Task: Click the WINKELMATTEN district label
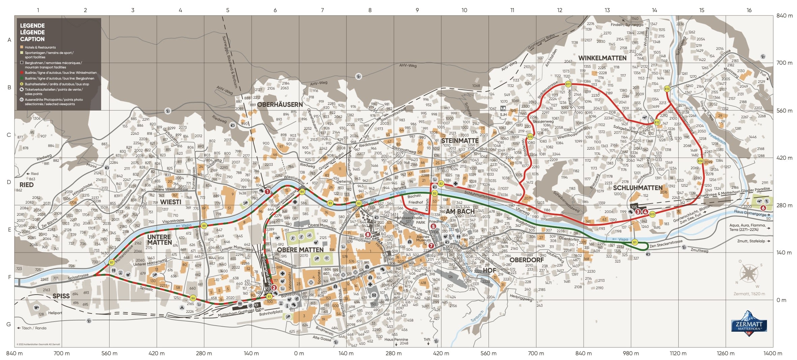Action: (x=602, y=58)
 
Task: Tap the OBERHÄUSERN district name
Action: (x=280, y=104)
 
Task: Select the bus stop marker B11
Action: (x=568, y=84)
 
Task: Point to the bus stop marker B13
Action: (x=667, y=89)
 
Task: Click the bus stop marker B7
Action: (x=112, y=262)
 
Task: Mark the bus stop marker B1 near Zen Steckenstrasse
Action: (x=634, y=242)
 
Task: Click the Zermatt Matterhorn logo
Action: (x=749, y=324)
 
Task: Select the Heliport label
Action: (x=55, y=313)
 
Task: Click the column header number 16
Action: (x=749, y=10)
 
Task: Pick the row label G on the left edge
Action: (x=9, y=324)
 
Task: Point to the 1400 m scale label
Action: (x=772, y=353)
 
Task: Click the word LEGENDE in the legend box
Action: (x=32, y=26)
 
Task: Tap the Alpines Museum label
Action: (x=423, y=238)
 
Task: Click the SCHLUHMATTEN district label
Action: (x=637, y=188)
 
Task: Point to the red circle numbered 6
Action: (x=763, y=208)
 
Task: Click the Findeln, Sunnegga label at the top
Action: (x=627, y=25)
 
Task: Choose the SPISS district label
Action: (x=61, y=296)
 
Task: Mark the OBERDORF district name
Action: (x=526, y=260)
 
